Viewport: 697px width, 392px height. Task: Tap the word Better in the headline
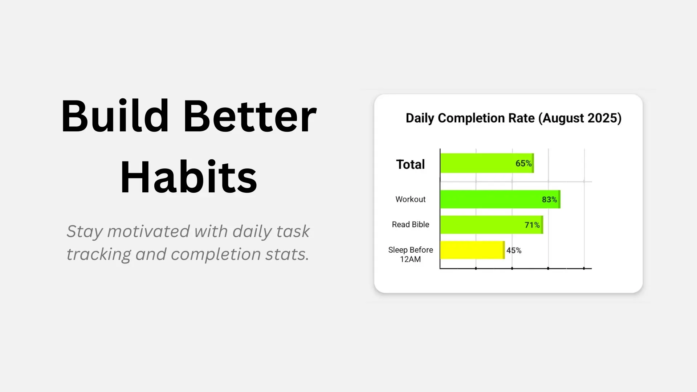pos(250,117)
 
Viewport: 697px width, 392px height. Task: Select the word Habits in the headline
pos(188,177)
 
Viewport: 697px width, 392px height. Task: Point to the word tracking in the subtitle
pos(98,254)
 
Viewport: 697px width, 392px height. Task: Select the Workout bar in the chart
pos(490,199)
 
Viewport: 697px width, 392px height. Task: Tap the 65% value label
pos(523,163)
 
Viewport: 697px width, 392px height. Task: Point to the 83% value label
pos(549,200)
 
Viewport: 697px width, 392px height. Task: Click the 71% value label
pos(532,225)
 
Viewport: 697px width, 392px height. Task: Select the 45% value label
pos(514,250)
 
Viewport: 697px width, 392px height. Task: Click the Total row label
pos(410,164)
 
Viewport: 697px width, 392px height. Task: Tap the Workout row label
pos(410,199)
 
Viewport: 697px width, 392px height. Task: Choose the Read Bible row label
pos(410,225)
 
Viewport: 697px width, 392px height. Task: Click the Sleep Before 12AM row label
pos(410,254)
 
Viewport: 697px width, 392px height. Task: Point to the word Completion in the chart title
pos(486,118)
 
